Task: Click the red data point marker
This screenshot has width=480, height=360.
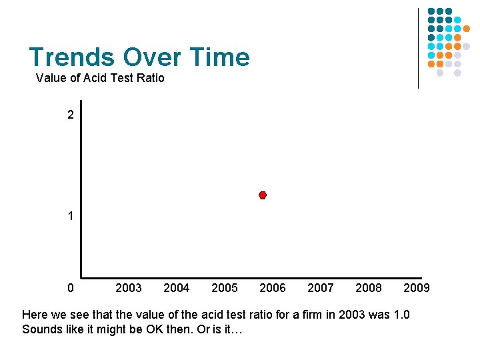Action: (263, 195)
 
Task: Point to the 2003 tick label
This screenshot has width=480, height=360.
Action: (128, 288)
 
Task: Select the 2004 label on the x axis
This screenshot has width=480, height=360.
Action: (176, 288)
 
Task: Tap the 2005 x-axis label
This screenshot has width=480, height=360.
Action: (224, 288)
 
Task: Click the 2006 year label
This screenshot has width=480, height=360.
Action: (272, 288)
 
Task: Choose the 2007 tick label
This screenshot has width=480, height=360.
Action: (320, 288)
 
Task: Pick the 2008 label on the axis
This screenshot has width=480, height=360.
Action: (369, 288)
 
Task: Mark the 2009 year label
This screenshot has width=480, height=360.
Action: (417, 288)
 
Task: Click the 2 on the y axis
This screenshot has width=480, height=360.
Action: (71, 115)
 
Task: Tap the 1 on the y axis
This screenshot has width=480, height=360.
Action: (71, 217)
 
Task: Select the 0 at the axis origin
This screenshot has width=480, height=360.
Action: (71, 288)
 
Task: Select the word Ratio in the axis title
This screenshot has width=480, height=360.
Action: (149, 78)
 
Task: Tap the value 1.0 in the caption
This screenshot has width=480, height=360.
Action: (401, 314)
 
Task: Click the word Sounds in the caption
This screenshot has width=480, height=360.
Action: (41, 329)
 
